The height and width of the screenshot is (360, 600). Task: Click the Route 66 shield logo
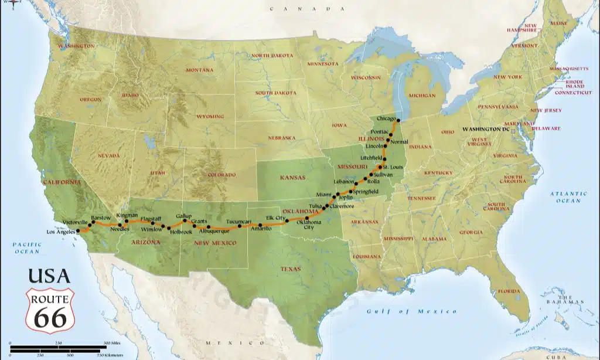point(50,310)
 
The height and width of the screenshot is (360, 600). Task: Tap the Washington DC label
point(486,128)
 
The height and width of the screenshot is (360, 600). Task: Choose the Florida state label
point(509,291)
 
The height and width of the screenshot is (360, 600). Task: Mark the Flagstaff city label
point(151,219)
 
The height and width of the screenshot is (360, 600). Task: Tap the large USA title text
point(49,276)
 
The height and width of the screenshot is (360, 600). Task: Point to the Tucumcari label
point(238,222)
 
